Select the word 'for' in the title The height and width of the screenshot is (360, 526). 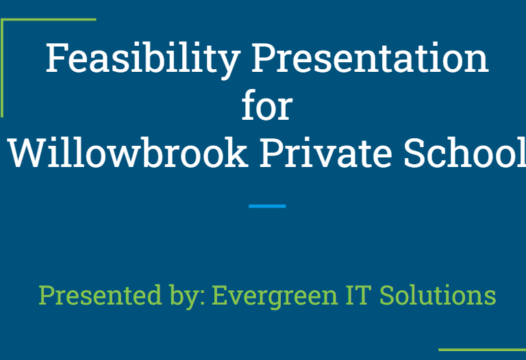pyautogui.click(x=267, y=105)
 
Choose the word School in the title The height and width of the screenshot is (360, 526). pyautogui.click(x=465, y=152)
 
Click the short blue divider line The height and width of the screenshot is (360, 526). pyautogui.click(x=267, y=206)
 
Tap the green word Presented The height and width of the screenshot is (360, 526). pyautogui.click(x=100, y=294)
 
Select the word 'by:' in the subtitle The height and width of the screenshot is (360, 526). pyautogui.click(x=188, y=296)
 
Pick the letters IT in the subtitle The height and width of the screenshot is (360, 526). pyautogui.click(x=359, y=295)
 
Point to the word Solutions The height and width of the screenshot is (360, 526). pyautogui.click(x=438, y=294)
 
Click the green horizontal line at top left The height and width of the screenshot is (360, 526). pyautogui.click(x=49, y=19)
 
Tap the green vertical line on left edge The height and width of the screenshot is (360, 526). pyautogui.click(x=2, y=68)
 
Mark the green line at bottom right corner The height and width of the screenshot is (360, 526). pyautogui.click(x=482, y=350)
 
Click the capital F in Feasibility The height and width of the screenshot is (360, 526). pyautogui.click(x=55, y=57)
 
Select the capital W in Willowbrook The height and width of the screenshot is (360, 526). pyautogui.click(x=27, y=153)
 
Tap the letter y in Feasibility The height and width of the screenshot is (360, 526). pyautogui.click(x=229, y=65)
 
